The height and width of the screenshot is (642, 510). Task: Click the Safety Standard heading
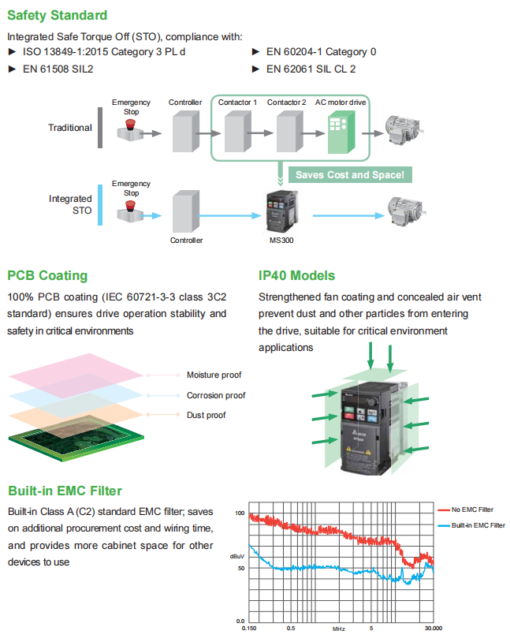point(58,15)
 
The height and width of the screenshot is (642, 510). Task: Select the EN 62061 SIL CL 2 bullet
point(311,69)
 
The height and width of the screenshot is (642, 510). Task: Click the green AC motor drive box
point(341,129)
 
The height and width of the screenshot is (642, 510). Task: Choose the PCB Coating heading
point(47,276)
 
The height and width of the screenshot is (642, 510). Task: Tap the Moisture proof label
point(214,375)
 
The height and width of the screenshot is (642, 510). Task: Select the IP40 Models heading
point(296,276)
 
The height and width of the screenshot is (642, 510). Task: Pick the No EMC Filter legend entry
point(472,509)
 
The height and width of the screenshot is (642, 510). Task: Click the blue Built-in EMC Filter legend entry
point(478,525)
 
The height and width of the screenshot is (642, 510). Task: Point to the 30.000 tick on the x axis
point(433,629)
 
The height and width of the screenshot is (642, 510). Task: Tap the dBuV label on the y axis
point(237,556)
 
